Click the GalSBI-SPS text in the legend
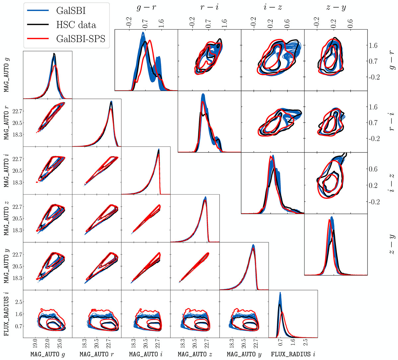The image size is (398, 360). [x=81, y=39]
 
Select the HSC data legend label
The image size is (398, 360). [x=76, y=25]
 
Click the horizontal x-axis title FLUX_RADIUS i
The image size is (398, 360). [x=293, y=354]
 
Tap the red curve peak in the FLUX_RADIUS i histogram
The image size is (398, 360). [x=283, y=312]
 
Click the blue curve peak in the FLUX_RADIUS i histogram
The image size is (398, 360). [x=280, y=293]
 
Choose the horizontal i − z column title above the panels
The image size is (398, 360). [x=272, y=8]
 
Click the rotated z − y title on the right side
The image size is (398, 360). [x=391, y=244]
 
